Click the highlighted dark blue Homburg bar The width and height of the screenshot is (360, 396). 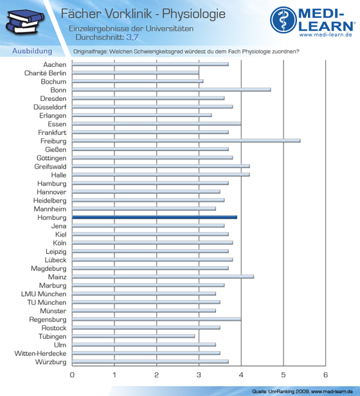[154, 217]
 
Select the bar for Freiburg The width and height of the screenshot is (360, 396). [186, 141]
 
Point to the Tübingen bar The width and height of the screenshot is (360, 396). [133, 336]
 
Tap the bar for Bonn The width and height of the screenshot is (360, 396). [171, 89]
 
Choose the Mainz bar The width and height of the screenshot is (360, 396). [163, 276]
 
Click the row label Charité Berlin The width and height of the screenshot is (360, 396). [45, 73]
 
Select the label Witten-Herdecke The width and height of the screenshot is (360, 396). [40, 354]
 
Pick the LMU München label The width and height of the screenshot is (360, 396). [44, 294]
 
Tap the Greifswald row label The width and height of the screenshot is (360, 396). [51, 166]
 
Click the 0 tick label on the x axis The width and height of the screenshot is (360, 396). [72, 375]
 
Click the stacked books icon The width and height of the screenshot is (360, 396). [24, 21]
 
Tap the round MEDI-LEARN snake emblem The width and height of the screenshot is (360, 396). [283, 20]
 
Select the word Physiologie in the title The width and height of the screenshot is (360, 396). [194, 14]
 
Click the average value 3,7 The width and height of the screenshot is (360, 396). [132, 37]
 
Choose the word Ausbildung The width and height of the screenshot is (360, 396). [32, 51]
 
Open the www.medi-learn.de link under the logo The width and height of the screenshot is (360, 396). [326, 35]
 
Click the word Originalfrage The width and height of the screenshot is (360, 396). [90, 51]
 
